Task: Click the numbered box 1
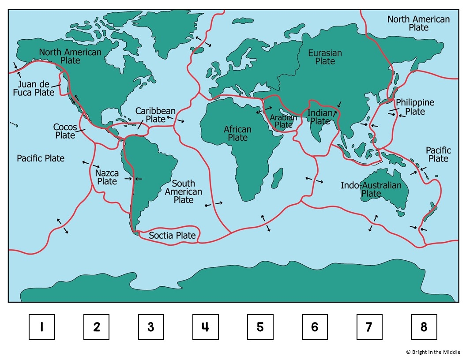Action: click(x=42, y=327)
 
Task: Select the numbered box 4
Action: click(x=205, y=327)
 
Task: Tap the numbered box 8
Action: click(x=424, y=327)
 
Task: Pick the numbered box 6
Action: click(x=315, y=327)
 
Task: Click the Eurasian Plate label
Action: click(x=325, y=57)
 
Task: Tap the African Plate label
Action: click(x=237, y=134)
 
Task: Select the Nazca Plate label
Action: click(x=107, y=177)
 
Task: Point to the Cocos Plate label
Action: click(x=65, y=131)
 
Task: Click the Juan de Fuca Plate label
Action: click(x=36, y=88)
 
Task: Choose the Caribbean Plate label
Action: click(x=155, y=115)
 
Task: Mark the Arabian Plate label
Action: click(x=283, y=121)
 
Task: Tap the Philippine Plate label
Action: click(x=415, y=107)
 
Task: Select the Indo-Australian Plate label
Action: click(x=371, y=189)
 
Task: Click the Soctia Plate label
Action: click(x=172, y=236)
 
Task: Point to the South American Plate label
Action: click(x=184, y=191)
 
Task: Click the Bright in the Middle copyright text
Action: click(x=433, y=352)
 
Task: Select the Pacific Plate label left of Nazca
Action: click(x=41, y=158)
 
